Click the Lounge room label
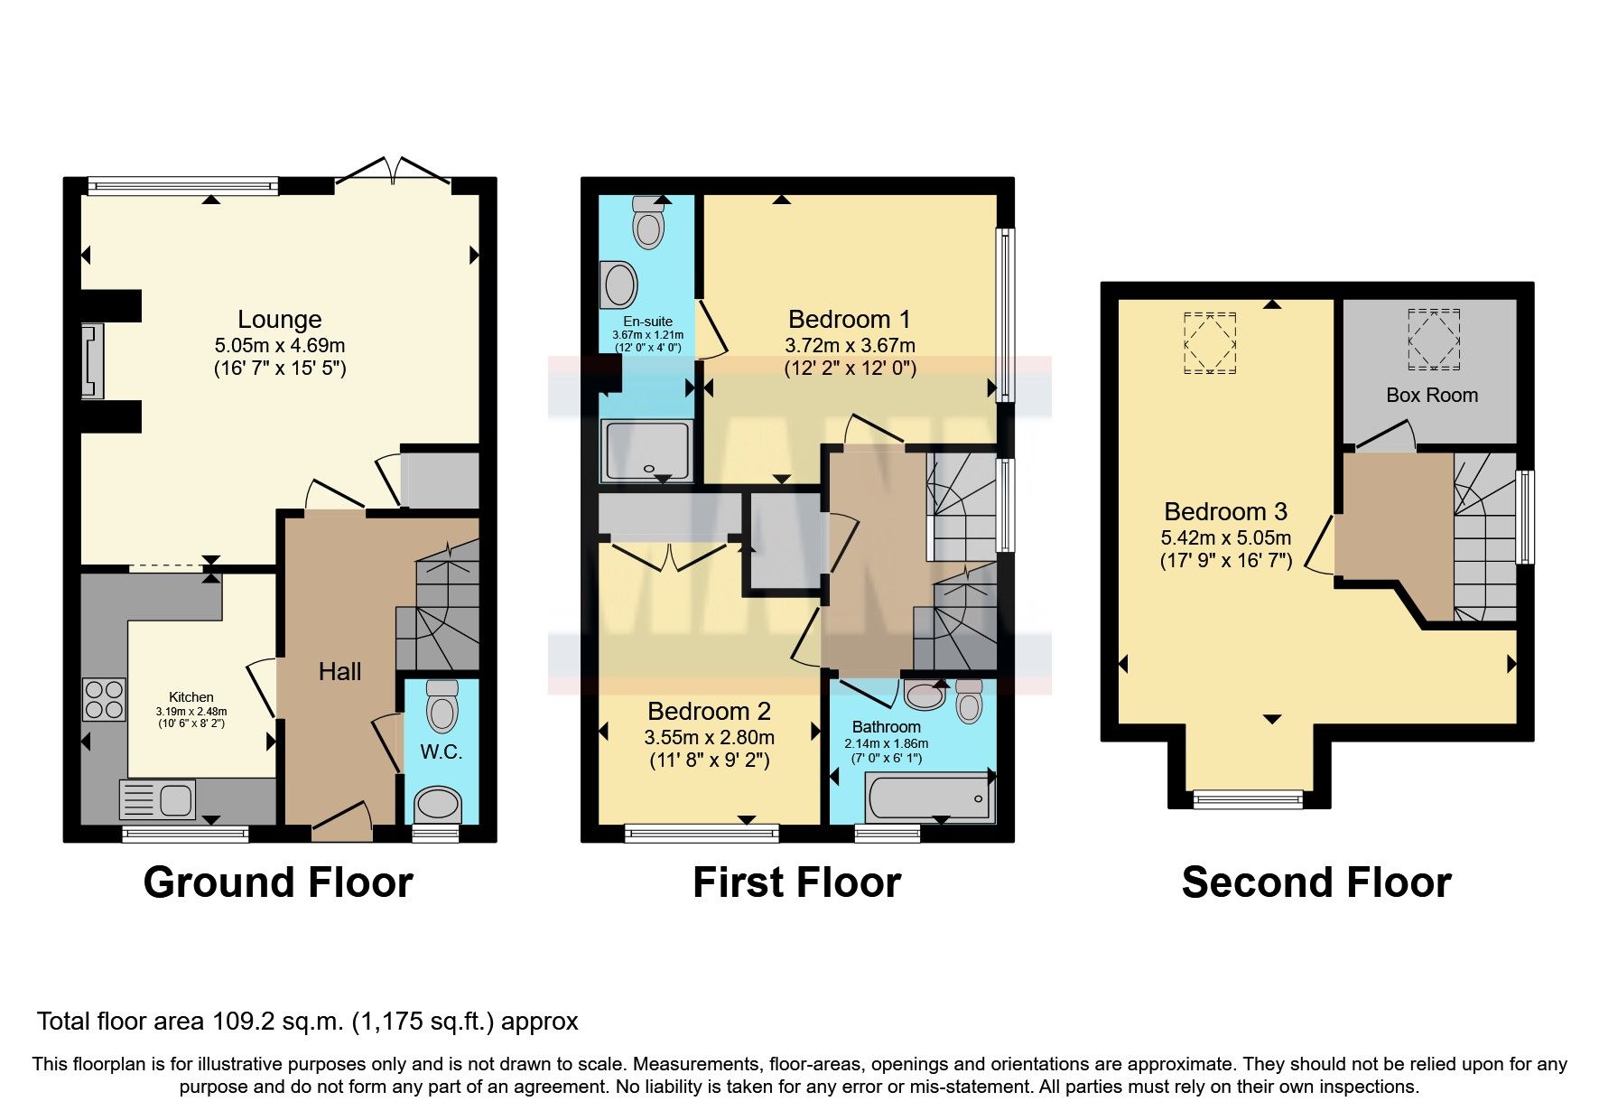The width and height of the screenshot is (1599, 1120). click(x=279, y=320)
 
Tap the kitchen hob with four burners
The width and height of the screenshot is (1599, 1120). click(x=104, y=699)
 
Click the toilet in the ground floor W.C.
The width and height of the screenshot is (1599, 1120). click(x=442, y=705)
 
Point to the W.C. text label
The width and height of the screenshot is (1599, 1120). click(x=441, y=752)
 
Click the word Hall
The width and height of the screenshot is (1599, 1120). click(x=339, y=671)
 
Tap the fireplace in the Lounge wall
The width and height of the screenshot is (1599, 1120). click(x=92, y=360)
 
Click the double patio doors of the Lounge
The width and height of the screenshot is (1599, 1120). click(x=393, y=173)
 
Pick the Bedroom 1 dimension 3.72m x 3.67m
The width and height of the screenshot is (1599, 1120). click(x=850, y=345)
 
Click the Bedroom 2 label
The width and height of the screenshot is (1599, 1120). click(x=709, y=712)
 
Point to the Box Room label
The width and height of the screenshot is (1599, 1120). click(x=1432, y=395)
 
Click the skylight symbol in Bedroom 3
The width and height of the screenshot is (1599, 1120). click(x=1209, y=342)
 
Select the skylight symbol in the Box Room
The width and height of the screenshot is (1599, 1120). click(x=1434, y=339)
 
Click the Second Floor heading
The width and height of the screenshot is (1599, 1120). click(x=1315, y=882)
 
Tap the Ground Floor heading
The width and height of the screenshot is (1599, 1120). click(x=278, y=882)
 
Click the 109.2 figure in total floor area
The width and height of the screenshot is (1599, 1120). click(x=240, y=1022)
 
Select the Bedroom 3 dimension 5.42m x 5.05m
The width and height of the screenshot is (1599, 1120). click(x=1225, y=538)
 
